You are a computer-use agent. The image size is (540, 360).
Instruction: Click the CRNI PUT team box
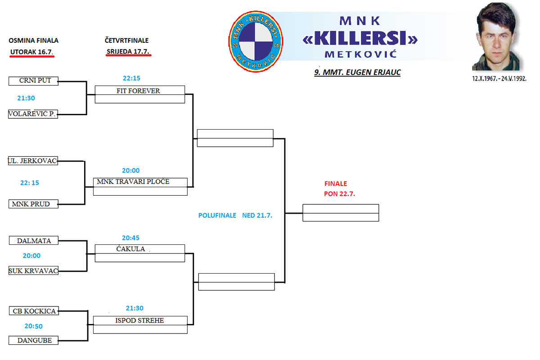pos(33,81)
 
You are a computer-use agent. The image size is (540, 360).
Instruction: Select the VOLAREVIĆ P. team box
pos(33,114)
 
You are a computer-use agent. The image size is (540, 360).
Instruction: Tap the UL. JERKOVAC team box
pos(33,161)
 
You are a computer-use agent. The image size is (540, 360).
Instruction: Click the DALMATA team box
pos(34,241)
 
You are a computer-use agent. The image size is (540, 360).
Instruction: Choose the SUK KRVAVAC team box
pos(33,271)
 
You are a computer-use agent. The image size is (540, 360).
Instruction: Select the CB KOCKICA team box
pos(34,311)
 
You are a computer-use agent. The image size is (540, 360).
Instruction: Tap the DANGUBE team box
pos(34,341)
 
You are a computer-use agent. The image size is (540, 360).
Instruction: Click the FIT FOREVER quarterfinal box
pos(140,94)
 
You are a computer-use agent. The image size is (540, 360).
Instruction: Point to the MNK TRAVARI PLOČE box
pos(140,186)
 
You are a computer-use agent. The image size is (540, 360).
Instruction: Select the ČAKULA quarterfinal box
pos(140,253)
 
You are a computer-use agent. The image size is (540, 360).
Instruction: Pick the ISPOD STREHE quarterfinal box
pos(140,324)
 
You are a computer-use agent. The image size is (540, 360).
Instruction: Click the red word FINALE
pos(336,184)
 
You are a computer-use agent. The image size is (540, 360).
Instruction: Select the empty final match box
pos(341,213)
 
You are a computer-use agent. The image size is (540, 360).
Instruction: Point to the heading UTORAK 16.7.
pos(31,52)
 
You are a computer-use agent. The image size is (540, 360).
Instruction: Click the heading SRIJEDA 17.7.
pos(128,51)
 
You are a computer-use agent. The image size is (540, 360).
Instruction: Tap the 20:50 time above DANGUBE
pos(33,326)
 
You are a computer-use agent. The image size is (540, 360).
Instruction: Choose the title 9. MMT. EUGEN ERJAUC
pos(357,72)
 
